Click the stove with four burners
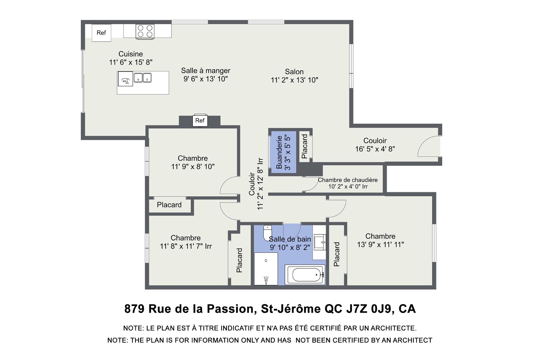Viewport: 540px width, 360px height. click(x=145, y=31)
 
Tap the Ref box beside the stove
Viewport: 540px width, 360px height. click(x=101, y=33)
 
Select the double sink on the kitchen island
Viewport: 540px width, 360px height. click(x=143, y=78)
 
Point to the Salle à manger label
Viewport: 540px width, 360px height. click(x=206, y=71)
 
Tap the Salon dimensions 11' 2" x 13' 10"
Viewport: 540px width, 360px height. click(x=294, y=80)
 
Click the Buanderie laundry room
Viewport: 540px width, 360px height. click(x=283, y=152)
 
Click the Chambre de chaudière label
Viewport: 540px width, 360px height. click(x=348, y=180)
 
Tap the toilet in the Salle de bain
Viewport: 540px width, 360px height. click(x=267, y=233)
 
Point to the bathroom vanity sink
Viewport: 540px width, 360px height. click(x=319, y=242)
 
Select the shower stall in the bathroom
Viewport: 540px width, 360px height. click(x=266, y=269)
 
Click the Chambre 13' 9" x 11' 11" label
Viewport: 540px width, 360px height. click(x=380, y=240)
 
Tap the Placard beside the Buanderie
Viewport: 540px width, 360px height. click(x=304, y=146)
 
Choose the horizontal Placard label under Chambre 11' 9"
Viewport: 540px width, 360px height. click(x=169, y=205)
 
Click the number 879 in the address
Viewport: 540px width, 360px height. click(x=134, y=309)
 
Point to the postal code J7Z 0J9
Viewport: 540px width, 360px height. click(x=369, y=309)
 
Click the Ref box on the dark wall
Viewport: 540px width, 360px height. click(x=200, y=120)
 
